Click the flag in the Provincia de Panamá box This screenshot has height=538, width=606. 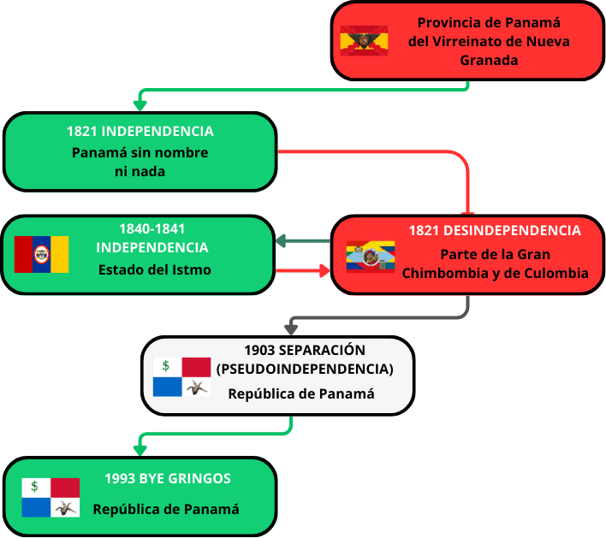[364, 40]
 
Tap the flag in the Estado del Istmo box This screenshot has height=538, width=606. [41, 254]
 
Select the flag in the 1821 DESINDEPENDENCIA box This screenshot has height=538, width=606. [371, 256]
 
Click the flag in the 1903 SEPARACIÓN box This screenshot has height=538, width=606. [181, 377]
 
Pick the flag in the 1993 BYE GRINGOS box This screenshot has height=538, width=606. [50, 498]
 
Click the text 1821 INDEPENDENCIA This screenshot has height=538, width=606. [140, 132]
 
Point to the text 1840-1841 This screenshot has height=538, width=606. [152, 228]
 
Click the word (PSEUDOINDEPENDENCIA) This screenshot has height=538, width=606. [305, 369]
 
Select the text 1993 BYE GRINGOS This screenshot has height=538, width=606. [168, 479]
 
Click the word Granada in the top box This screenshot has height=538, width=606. [489, 60]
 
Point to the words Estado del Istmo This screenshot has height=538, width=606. [153, 270]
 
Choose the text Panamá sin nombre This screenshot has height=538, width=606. [140, 152]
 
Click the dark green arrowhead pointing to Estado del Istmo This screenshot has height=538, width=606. [282, 241]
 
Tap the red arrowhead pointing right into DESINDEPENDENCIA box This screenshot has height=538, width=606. [324, 271]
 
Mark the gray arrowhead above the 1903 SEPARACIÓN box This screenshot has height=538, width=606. [292, 328]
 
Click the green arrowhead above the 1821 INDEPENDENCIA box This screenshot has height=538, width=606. [140, 104]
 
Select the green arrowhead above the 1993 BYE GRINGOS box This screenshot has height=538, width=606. [140, 449]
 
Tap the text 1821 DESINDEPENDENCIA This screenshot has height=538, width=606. [495, 231]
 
